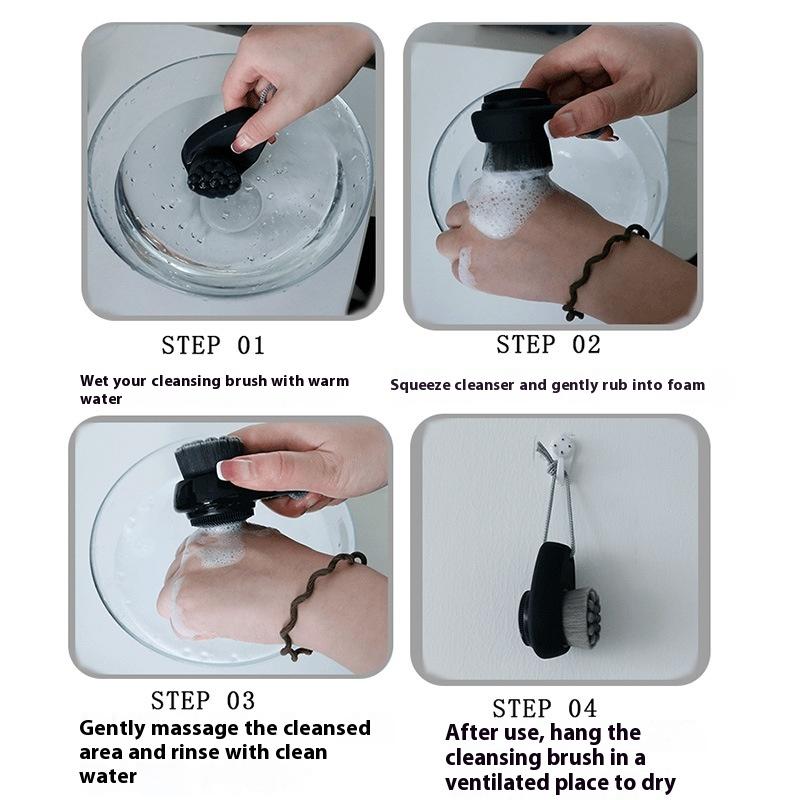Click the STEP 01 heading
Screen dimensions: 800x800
213,345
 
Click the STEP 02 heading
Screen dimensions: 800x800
548,344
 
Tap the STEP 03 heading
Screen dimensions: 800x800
203,701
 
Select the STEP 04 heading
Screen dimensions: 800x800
544,709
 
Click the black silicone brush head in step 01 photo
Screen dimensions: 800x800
214,176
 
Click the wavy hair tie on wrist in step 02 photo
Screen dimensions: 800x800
602,270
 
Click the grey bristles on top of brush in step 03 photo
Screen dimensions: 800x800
209,456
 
